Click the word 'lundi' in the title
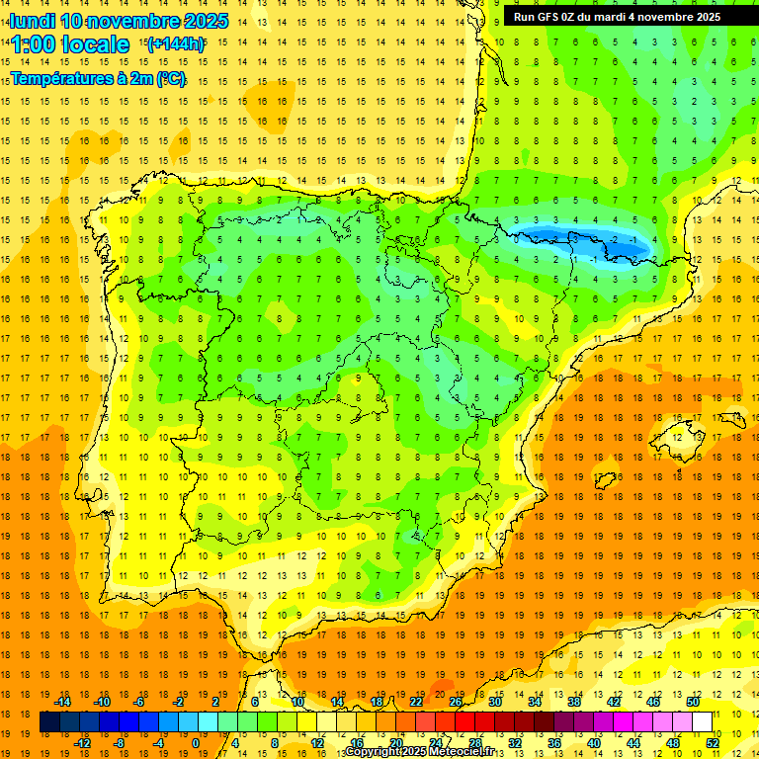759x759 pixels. pos(32,21)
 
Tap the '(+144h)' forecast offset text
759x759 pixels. pos(175,43)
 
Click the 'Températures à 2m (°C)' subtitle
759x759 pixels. pos(98,78)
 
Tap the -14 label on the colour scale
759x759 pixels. pos(63,702)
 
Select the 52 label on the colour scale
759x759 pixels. pos(713,742)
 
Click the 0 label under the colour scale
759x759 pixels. pos(196,742)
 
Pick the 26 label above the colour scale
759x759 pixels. pos(456,702)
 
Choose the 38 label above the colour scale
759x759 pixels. pos(573,702)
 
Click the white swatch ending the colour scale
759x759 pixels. pos(702,722)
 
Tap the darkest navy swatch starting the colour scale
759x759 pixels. pos(49,722)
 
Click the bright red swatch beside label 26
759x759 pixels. pos(464,722)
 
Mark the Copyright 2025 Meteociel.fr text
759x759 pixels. pos(420,752)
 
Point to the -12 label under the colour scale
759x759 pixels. pos(82,742)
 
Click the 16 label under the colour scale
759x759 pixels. pos(357,742)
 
